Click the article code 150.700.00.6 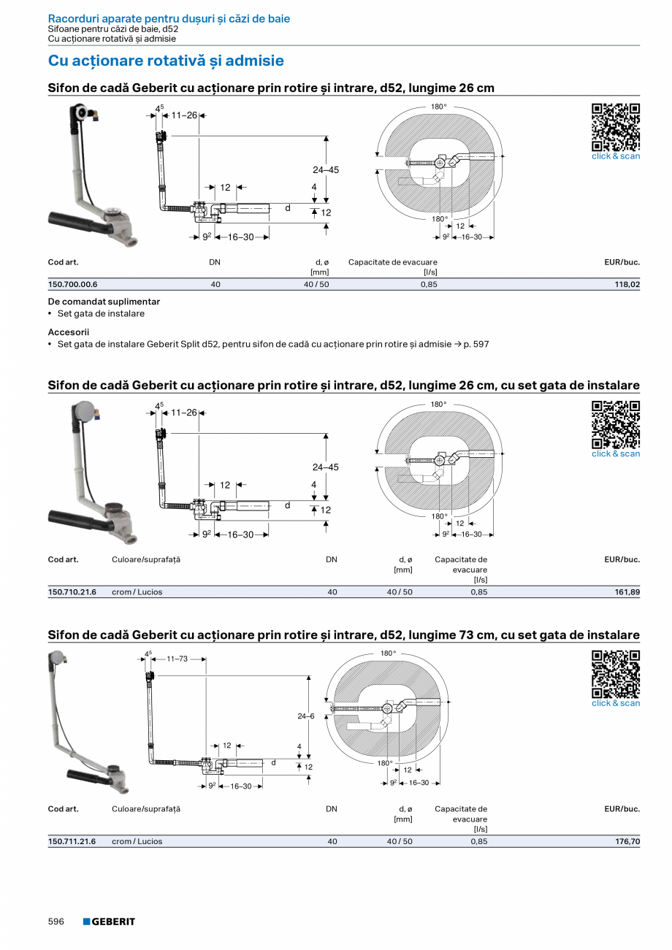[x=72, y=284]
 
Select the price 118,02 [x=627, y=284]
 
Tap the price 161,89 [x=627, y=591]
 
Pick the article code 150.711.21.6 [x=72, y=841]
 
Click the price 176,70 [x=627, y=841]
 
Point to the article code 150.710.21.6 [x=72, y=591]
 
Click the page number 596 [x=56, y=922]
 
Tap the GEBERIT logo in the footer [x=109, y=922]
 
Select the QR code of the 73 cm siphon [x=616, y=674]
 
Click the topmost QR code [x=616, y=127]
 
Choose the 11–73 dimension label [x=177, y=659]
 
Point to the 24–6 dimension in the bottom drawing [x=306, y=716]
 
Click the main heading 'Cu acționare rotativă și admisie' [x=166, y=61]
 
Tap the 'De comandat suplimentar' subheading [x=104, y=302]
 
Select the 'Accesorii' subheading [x=69, y=332]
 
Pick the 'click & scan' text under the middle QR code [x=616, y=453]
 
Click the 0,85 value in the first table [x=429, y=284]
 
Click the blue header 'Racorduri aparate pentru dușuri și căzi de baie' [x=169, y=19]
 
